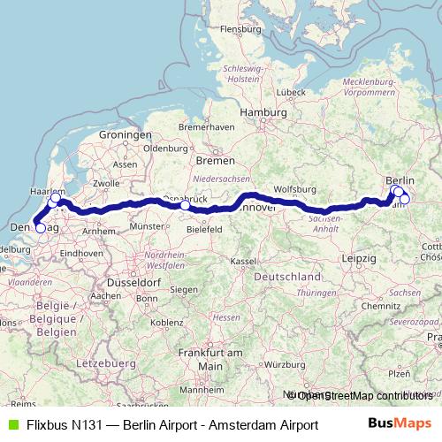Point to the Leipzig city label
(x=358, y=257)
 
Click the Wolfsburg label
(x=295, y=189)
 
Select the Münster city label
(x=147, y=226)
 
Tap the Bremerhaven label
(x=206, y=126)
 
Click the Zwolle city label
(x=106, y=183)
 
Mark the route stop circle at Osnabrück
(x=185, y=206)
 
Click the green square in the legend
(x=11, y=424)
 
